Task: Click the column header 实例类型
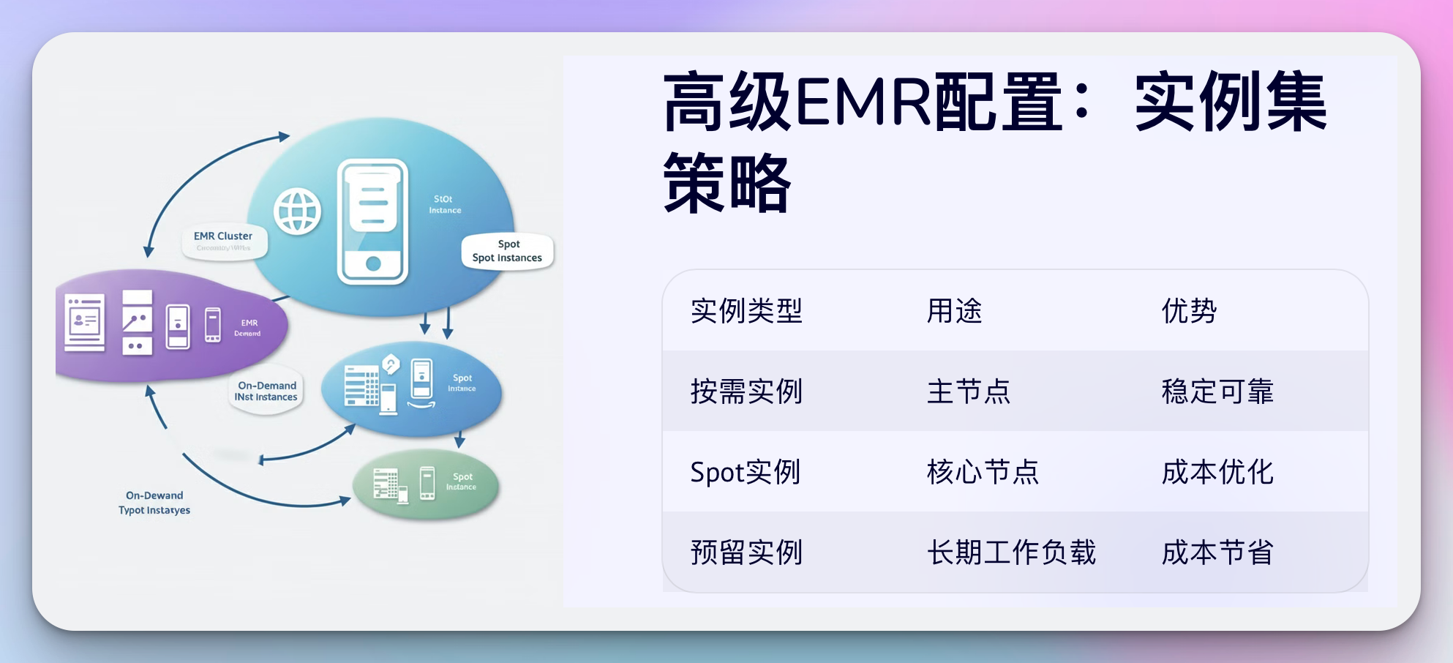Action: (x=746, y=311)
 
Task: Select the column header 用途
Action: (x=954, y=311)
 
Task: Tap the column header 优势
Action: (x=1189, y=311)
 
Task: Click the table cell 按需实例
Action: (x=746, y=392)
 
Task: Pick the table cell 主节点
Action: (x=968, y=392)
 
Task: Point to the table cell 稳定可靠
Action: (x=1217, y=392)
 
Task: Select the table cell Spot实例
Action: (x=745, y=472)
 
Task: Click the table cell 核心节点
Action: (x=983, y=472)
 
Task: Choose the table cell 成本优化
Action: (x=1217, y=472)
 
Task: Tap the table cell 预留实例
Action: (x=746, y=552)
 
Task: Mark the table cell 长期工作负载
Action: (x=1011, y=552)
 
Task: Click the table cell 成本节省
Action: (x=1217, y=552)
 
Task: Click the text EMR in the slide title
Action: (x=863, y=102)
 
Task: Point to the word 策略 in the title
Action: (x=726, y=183)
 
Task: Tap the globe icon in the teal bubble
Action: (x=297, y=211)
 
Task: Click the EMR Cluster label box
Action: (x=224, y=241)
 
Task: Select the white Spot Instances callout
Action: (x=507, y=251)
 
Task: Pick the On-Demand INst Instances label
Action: (x=266, y=391)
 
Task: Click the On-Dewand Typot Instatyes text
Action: (x=154, y=503)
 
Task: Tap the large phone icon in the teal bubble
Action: (x=372, y=221)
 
